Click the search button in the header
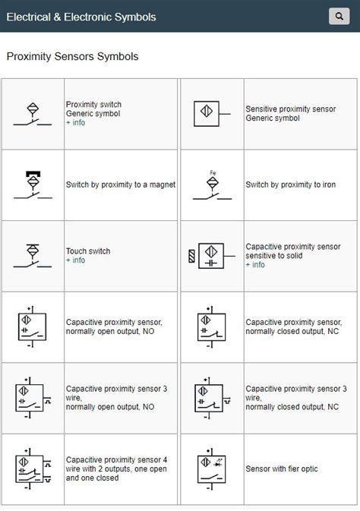point(339,16)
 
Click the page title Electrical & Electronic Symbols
point(81,17)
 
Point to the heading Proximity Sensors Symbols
point(72,57)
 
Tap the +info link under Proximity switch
point(75,123)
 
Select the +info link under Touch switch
point(75,260)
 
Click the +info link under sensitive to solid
point(255,265)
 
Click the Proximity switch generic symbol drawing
point(33,113)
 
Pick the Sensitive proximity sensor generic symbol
point(210,113)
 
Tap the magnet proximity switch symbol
point(33,185)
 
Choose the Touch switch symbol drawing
point(33,256)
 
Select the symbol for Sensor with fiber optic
point(211,469)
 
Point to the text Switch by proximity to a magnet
point(121,185)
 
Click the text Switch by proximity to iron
point(290,185)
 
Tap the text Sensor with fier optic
point(281,469)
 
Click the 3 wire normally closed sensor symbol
point(210,397)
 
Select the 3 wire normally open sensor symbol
point(33,397)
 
